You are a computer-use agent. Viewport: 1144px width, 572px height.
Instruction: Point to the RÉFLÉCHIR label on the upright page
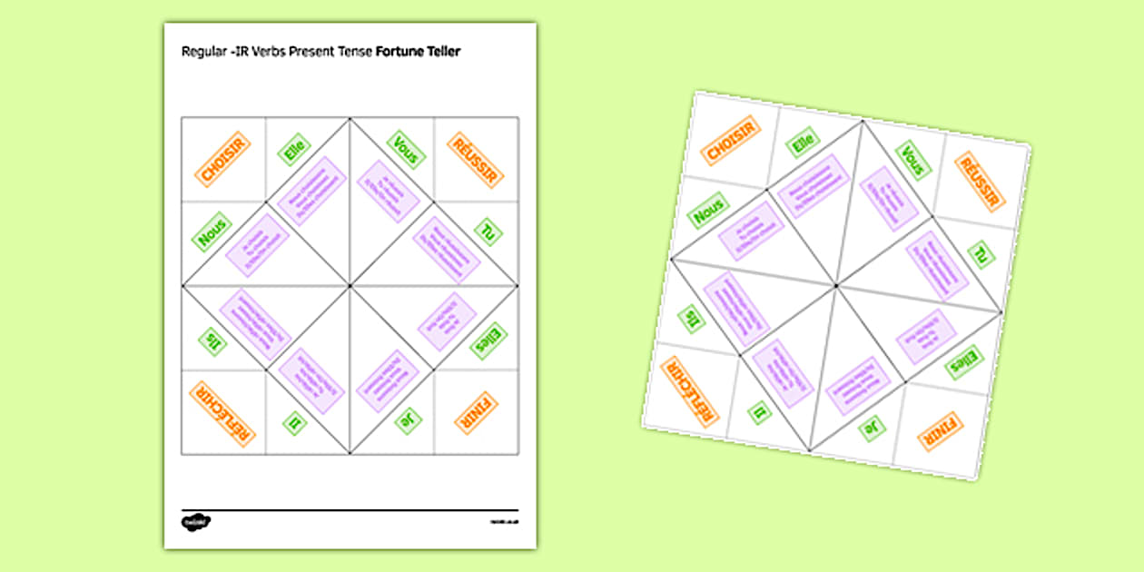[222, 414]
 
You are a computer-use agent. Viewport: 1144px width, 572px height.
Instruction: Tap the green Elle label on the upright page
[294, 150]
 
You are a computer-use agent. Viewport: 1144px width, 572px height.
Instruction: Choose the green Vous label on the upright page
[406, 151]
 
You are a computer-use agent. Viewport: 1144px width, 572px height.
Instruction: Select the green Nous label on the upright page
[211, 232]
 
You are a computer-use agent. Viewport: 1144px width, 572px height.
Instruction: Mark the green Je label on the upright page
[407, 421]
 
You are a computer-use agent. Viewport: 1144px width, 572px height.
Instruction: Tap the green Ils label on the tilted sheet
[692, 319]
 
